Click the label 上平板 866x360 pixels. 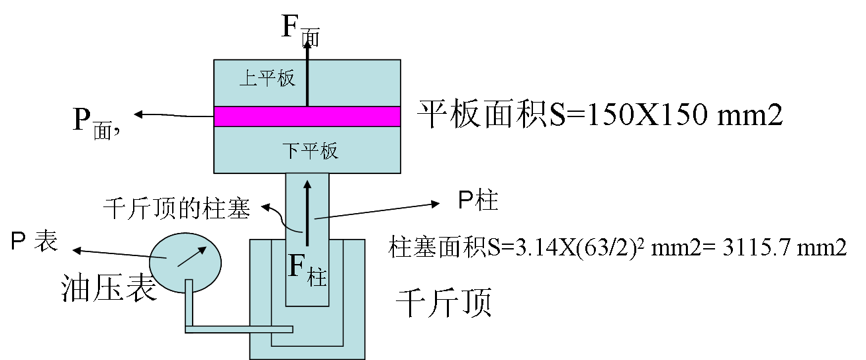[x=267, y=79]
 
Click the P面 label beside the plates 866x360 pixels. [x=95, y=121]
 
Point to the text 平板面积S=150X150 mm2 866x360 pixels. [x=600, y=115]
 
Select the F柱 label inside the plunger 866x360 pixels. [x=308, y=270]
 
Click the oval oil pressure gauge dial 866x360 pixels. [x=185, y=261]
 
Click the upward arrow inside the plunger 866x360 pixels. [x=307, y=205]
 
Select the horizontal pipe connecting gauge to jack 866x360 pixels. [x=238, y=329]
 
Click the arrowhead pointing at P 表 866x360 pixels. [x=76, y=250]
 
